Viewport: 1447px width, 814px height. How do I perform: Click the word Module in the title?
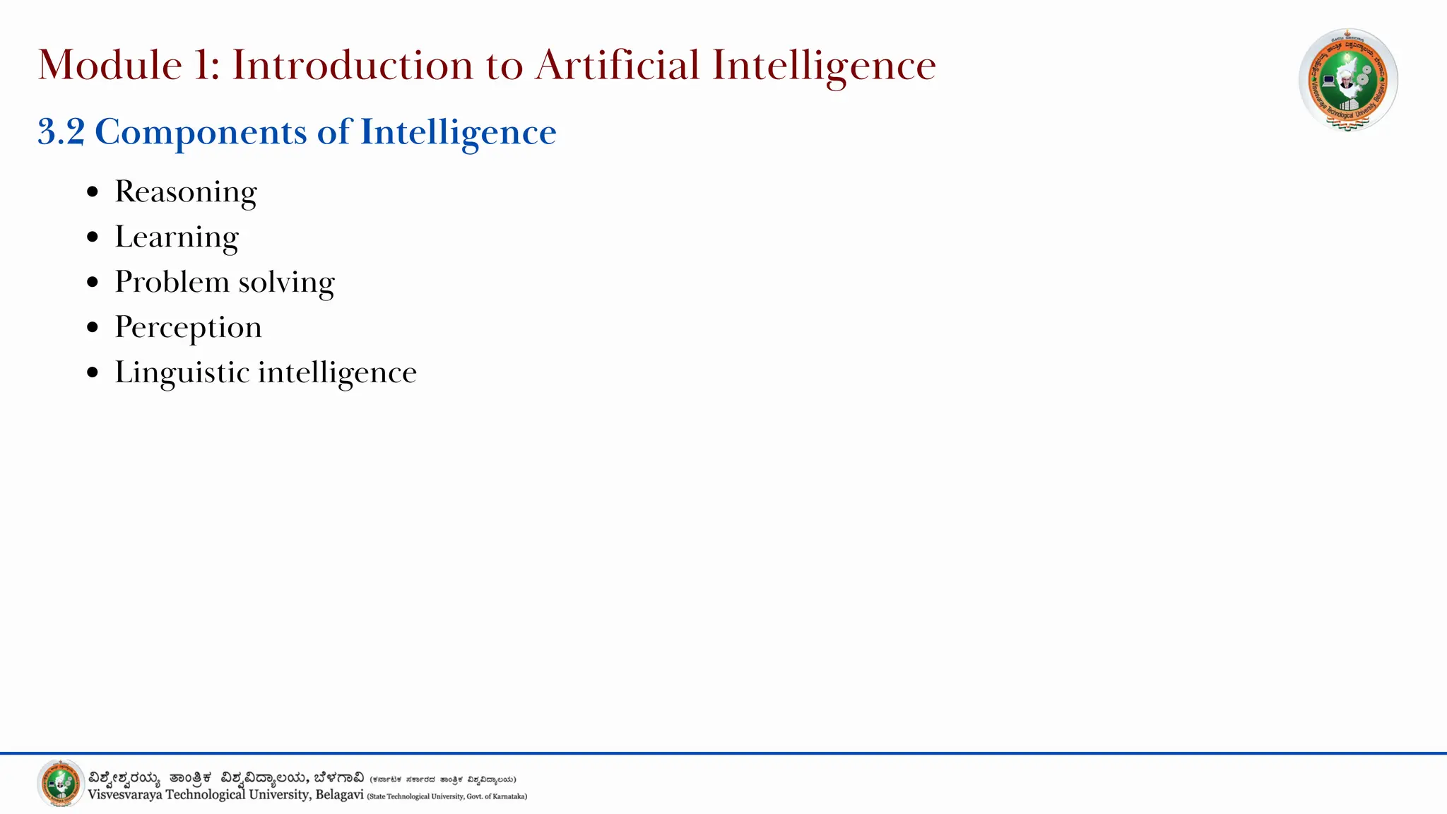tap(110, 66)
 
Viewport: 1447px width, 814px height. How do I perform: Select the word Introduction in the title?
tap(353, 66)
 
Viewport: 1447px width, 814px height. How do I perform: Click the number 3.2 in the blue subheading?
tap(61, 132)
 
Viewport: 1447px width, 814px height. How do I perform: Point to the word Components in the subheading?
tap(201, 133)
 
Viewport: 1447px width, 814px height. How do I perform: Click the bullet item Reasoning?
tap(186, 192)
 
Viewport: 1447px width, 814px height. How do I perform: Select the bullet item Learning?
tap(177, 237)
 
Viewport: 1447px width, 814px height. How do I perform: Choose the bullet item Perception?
tap(188, 328)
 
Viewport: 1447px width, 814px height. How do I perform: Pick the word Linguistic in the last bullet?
tap(182, 373)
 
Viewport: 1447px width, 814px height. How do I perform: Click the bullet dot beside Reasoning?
tap(93, 192)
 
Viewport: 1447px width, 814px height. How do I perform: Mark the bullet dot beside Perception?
tap(93, 328)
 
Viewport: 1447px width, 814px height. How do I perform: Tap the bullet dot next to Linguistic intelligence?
tap(93, 373)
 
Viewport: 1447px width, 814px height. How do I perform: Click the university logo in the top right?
tap(1348, 80)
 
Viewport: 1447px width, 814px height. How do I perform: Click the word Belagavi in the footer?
tap(339, 795)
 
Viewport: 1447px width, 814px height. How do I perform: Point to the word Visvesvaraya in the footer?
tap(124, 795)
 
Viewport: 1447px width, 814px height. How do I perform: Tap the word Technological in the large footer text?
tap(205, 795)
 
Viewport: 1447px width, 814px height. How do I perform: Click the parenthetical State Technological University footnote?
tap(447, 796)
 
